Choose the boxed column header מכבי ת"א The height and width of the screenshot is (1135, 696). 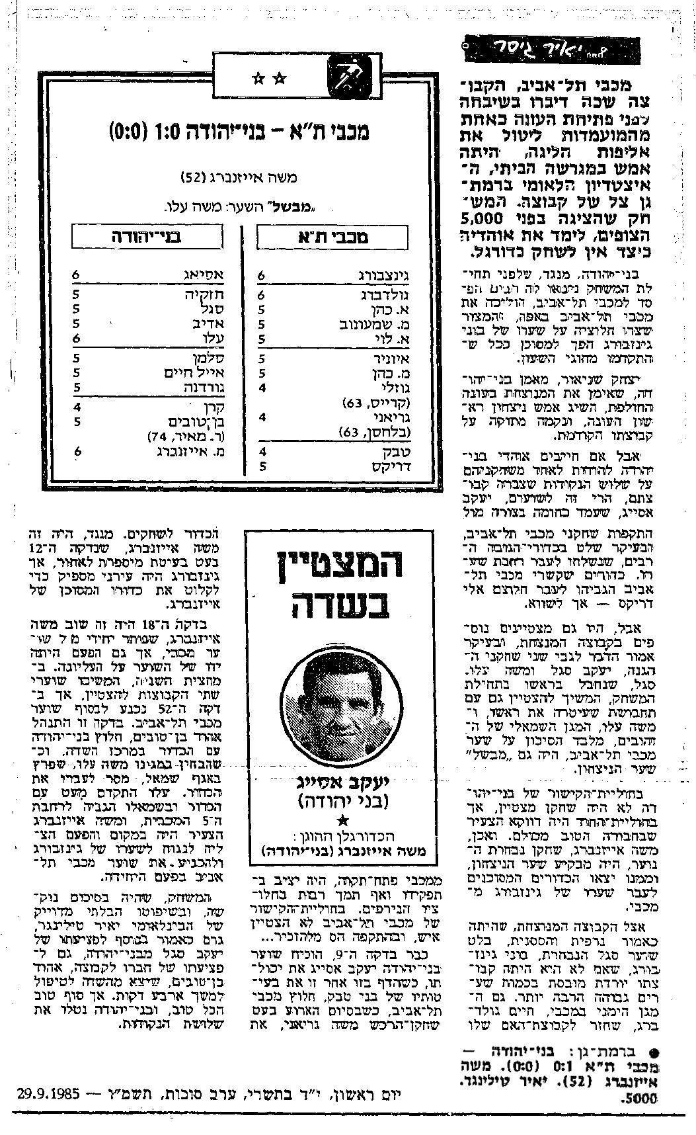333,237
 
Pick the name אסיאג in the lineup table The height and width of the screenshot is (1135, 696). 207,276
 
